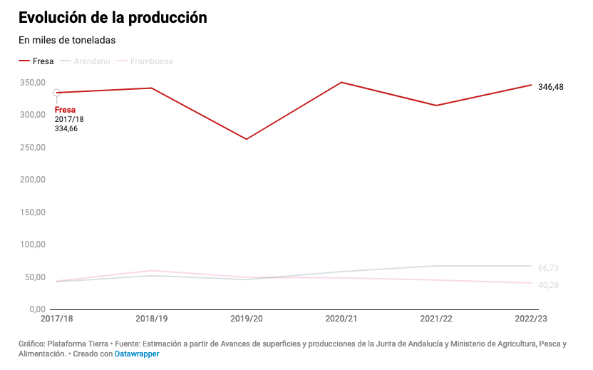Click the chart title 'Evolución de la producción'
click(x=113, y=18)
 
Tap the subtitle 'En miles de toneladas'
click(x=67, y=40)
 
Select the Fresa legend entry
click(x=36, y=61)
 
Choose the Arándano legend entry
click(x=86, y=61)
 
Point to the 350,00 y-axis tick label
click(x=33, y=83)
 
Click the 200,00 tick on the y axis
click(x=33, y=180)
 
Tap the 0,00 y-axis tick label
click(x=37, y=309)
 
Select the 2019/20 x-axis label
click(x=247, y=317)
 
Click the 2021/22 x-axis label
click(x=436, y=317)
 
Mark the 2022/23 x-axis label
click(x=531, y=317)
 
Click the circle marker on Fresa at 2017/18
click(x=57, y=93)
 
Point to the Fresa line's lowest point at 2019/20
click(x=247, y=139)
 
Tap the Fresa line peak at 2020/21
click(x=341, y=82)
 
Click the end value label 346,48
click(x=551, y=87)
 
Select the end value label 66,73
click(x=548, y=268)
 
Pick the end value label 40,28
click(x=548, y=285)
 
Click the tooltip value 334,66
click(x=66, y=129)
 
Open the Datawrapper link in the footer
click(x=137, y=354)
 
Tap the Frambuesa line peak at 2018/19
click(x=152, y=271)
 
